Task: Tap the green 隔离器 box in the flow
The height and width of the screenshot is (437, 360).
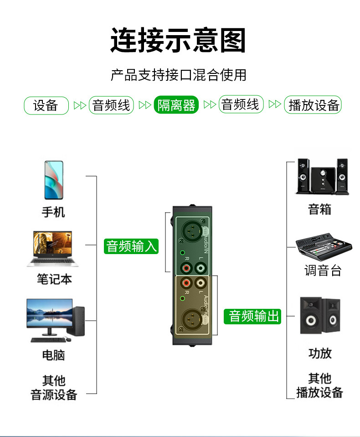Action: [x=176, y=105]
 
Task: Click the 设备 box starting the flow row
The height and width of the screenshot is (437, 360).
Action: [x=46, y=105]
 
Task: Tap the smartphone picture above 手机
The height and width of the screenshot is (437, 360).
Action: [x=54, y=180]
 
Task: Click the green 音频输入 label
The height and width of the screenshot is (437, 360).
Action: [x=131, y=246]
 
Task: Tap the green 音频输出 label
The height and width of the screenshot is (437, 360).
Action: [x=252, y=316]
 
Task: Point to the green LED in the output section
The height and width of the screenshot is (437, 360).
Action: [x=183, y=298]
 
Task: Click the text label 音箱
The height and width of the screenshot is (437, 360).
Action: [x=320, y=210]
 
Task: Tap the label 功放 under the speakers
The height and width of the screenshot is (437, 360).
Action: [x=320, y=353]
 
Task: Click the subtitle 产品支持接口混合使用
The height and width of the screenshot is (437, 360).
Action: [x=178, y=75]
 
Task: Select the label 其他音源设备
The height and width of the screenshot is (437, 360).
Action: [x=54, y=388]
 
